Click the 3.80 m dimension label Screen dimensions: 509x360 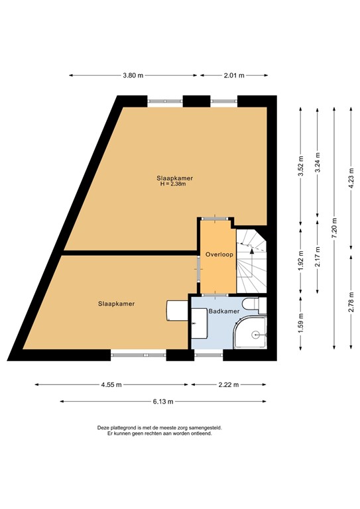(133, 76)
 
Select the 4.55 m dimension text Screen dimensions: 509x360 (111, 384)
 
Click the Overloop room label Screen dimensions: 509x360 (217, 254)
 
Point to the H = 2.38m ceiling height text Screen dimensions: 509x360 (173, 184)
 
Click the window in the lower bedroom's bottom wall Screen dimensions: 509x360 (138, 355)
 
